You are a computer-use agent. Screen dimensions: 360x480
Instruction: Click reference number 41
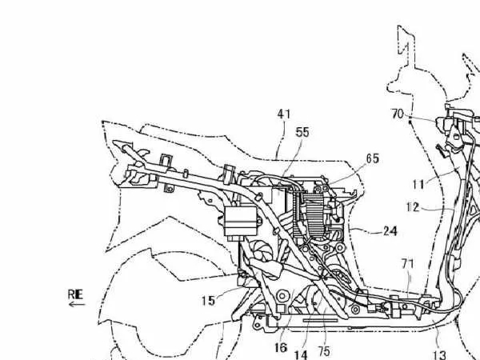pos(284,114)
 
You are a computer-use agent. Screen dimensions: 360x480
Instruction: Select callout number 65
pos(372,159)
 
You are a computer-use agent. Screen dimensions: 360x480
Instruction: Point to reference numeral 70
pos(398,114)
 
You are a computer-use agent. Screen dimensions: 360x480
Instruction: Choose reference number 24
pos(390,233)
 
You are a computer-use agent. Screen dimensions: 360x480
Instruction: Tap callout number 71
pos(407,262)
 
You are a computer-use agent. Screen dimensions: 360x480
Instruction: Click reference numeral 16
pos(281,347)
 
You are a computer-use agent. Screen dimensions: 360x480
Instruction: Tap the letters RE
pos(75,294)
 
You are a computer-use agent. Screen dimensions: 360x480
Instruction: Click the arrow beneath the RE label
pos(75,304)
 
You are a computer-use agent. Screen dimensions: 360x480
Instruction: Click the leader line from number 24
pos(365,230)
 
